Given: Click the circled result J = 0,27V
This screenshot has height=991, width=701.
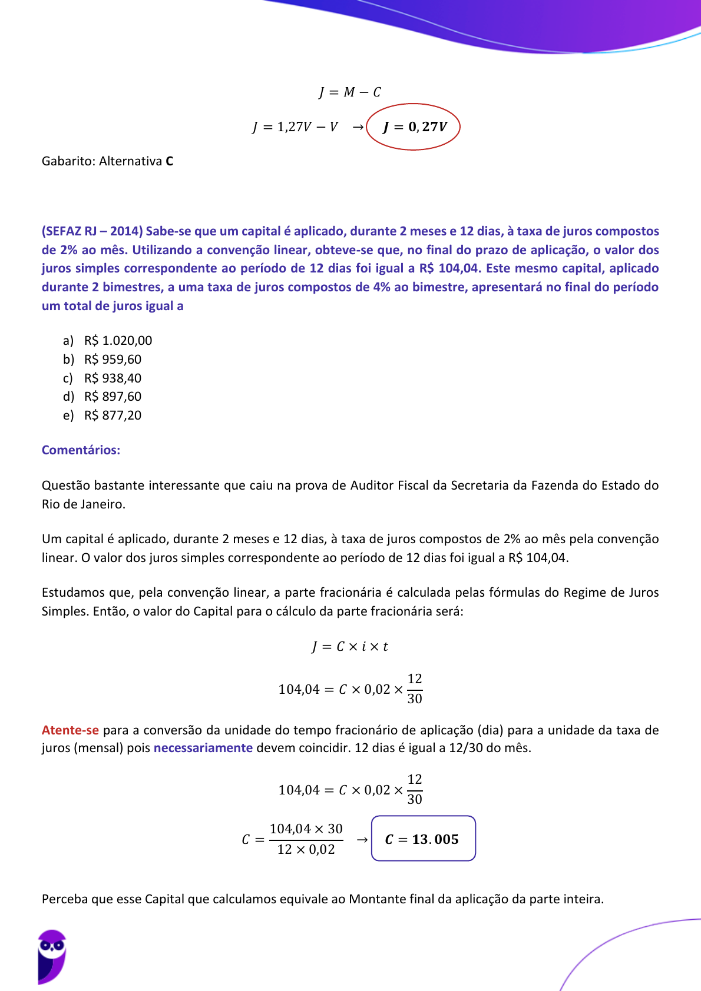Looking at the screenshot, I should point(414,127).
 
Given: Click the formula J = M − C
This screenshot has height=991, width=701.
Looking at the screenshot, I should point(350,92).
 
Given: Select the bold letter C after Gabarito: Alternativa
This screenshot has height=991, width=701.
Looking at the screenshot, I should point(170,161).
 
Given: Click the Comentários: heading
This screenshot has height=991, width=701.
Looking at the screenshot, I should point(81,450).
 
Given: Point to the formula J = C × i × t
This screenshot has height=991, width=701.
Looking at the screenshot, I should point(350,647).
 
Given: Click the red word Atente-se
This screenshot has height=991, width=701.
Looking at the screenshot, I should point(70,730).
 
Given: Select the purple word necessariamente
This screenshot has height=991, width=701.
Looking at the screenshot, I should point(203,748).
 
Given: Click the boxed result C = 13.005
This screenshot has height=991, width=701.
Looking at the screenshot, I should point(423,839).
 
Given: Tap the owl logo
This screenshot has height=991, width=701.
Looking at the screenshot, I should point(52,956).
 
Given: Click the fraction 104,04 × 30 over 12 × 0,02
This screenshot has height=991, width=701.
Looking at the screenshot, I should point(306,839).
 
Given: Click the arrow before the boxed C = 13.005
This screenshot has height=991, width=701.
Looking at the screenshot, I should point(362,840).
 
